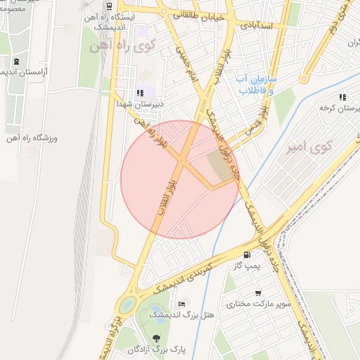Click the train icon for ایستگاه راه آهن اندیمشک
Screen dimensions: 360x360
click(x=109, y=4)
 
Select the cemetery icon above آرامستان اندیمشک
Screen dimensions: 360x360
click(x=15, y=61)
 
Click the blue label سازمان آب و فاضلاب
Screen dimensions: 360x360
click(x=256, y=84)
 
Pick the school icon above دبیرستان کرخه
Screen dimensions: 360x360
click(x=342, y=98)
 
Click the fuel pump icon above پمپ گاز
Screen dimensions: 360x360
click(x=246, y=255)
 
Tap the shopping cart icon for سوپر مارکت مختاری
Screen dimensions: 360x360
click(x=259, y=293)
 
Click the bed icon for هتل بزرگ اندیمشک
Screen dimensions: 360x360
click(x=182, y=304)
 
